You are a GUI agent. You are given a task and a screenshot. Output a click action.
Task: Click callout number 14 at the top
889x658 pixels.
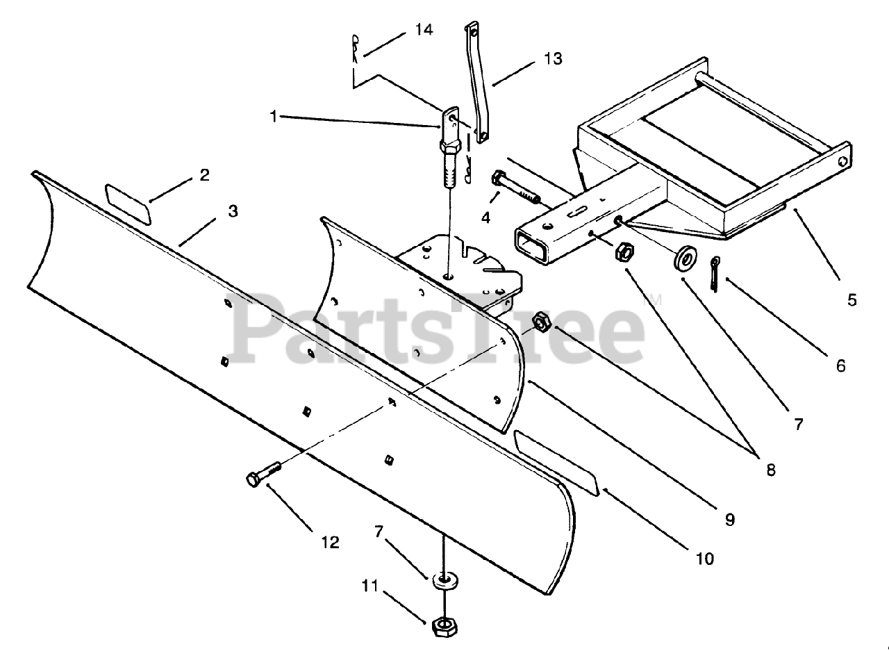[x=424, y=30]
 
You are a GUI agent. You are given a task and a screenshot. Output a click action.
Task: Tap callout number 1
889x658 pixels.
[x=274, y=117]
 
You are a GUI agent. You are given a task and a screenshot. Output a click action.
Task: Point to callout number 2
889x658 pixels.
[x=203, y=174]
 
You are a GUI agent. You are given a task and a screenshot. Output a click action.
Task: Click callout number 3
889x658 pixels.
[x=233, y=211]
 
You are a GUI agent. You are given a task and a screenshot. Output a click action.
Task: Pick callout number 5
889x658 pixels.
[x=852, y=300]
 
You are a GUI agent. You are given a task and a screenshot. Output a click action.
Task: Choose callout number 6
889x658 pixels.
[x=840, y=365]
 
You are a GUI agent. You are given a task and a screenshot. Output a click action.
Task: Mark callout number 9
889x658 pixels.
[x=729, y=518]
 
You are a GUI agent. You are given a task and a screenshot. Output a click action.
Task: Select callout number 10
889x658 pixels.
[x=705, y=558]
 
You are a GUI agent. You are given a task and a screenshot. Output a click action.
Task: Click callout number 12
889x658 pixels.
[x=330, y=542]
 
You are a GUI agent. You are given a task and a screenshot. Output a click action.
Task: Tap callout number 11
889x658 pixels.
[x=369, y=586]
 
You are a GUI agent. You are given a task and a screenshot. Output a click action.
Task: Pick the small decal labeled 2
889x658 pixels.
[x=129, y=204]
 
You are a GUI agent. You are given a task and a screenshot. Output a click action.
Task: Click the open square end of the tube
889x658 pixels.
[x=533, y=247]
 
